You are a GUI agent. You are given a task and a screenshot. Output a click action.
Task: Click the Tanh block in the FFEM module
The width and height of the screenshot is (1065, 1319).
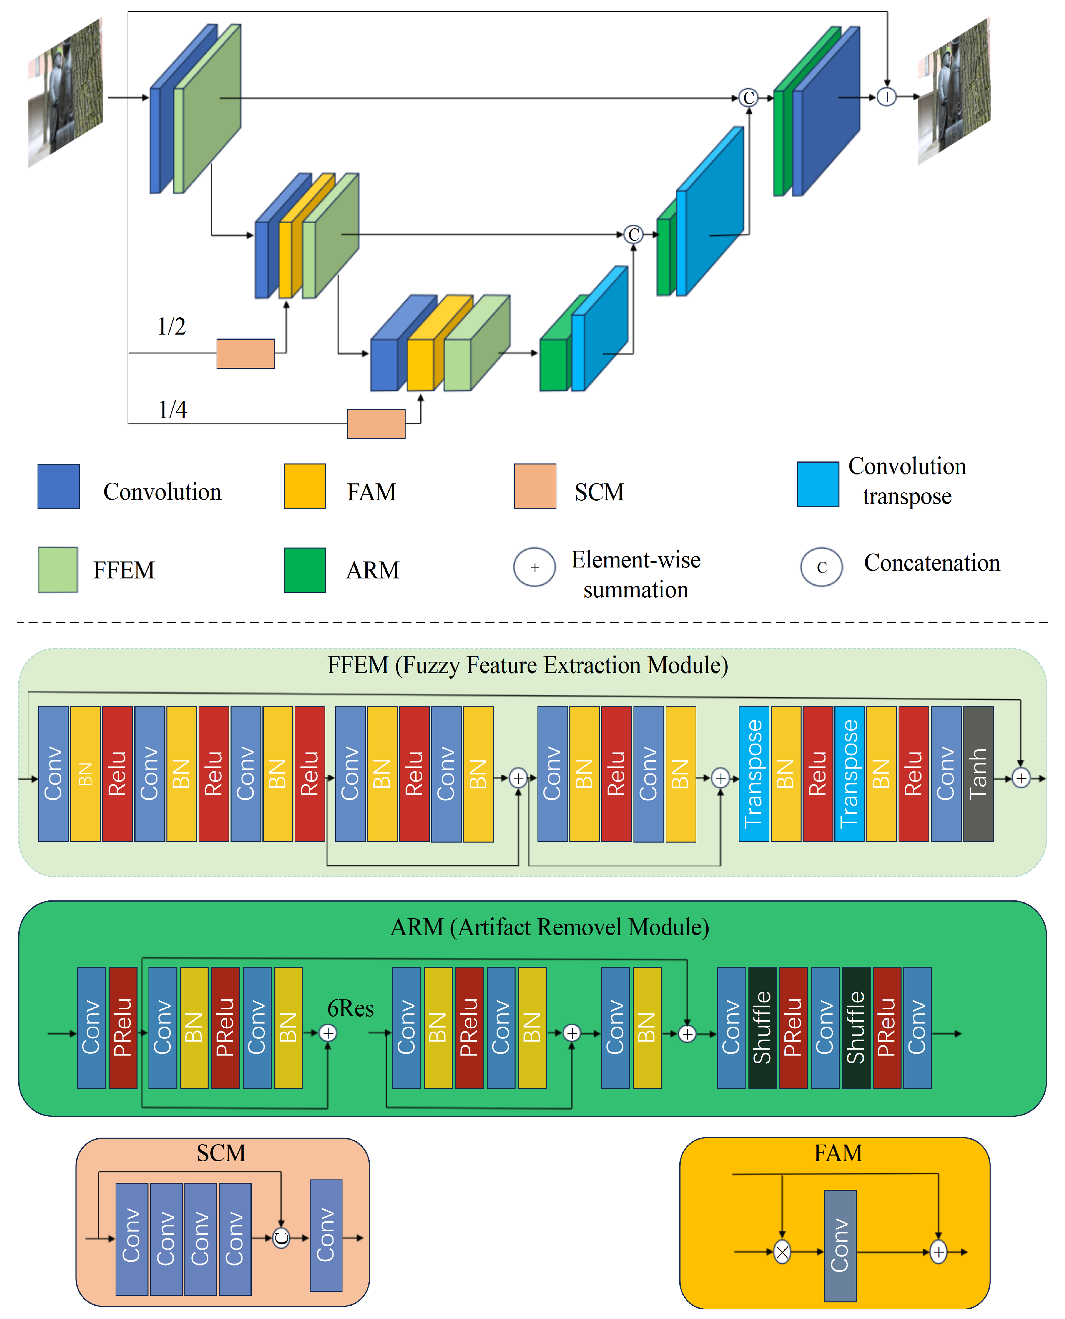[978, 773]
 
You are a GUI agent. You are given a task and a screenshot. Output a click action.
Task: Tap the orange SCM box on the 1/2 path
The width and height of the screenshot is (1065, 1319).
[245, 354]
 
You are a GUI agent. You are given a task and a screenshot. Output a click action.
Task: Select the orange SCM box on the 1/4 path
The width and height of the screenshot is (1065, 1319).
[376, 424]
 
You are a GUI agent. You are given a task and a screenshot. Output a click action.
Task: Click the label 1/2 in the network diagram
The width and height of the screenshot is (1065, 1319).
[172, 326]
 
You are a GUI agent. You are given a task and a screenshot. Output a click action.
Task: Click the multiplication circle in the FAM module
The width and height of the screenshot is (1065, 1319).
[782, 1252]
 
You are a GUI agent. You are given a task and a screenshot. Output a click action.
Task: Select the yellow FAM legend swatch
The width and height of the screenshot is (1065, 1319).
[305, 486]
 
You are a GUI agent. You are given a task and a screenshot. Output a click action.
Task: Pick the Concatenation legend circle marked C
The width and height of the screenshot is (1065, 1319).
[822, 567]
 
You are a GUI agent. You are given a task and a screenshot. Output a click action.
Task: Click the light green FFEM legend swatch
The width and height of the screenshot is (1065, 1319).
[58, 569]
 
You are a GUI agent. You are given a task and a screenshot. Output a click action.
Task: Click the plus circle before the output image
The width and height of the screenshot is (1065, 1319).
[887, 97]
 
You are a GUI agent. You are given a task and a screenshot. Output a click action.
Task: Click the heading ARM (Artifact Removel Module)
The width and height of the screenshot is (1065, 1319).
[550, 927]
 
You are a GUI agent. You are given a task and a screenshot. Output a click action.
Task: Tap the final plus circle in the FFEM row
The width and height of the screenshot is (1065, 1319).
[1021, 778]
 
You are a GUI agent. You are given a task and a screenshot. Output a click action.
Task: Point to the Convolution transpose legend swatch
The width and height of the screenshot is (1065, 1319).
[818, 484]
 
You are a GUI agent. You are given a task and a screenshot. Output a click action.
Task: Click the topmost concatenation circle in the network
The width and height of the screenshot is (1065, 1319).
[748, 98]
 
